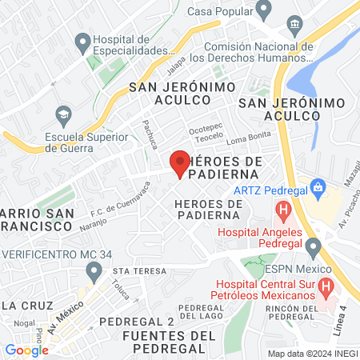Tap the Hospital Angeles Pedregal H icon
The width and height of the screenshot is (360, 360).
pyautogui.click(x=282, y=212)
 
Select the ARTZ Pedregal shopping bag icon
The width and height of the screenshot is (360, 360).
pyautogui.click(x=318, y=188)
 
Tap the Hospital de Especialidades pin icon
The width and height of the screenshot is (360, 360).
pyautogui.click(x=82, y=40)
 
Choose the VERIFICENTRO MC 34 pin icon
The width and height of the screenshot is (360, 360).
pyautogui.click(x=94, y=271)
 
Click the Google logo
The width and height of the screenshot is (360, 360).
pyautogui.click(x=27, y=350)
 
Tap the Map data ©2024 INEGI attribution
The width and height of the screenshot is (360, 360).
pyautogui.click(x=311, y=354)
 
